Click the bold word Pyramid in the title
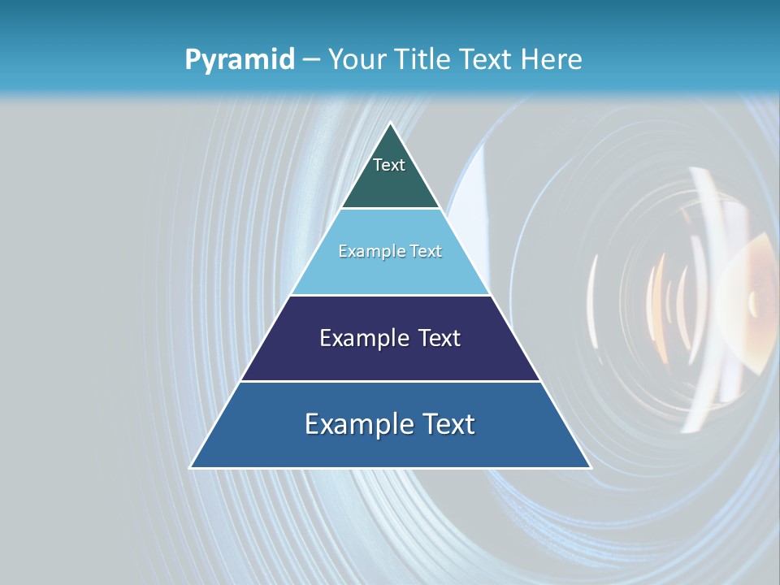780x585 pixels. point(239,60)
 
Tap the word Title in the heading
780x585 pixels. point(424,60)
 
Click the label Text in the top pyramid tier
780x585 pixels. point(389,165)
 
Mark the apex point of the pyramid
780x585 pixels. point(390,123)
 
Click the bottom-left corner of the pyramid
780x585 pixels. point(191,467)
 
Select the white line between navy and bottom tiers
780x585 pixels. point(390,381)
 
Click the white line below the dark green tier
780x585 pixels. point(390,209)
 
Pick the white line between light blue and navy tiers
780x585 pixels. point(390,295)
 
